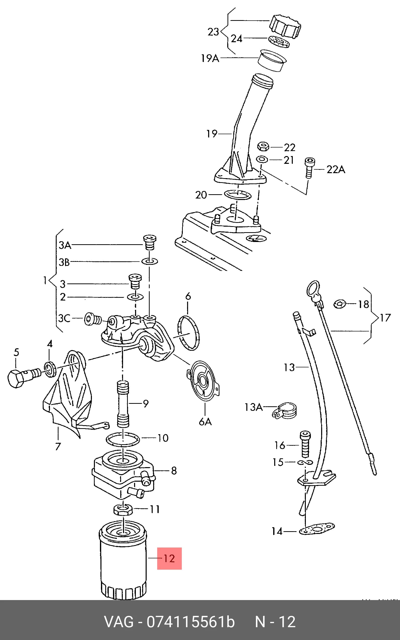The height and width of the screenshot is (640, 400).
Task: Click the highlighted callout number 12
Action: click(169, 559)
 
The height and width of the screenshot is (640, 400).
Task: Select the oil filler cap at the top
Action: click(285, 26)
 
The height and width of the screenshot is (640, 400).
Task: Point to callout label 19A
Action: click(210, 58)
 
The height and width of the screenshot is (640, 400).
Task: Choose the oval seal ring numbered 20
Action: click(238, 194)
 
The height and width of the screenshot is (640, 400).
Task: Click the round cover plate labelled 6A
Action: click(203, 381)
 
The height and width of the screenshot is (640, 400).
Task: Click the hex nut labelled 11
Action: click(123, 509)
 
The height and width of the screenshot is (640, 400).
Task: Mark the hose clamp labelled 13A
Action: click(285, 412)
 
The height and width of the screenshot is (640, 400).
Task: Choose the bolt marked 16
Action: click(305, 444)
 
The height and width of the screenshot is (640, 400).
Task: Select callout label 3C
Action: click(64, 318)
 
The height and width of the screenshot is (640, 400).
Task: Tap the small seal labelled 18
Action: click(340, 304)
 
